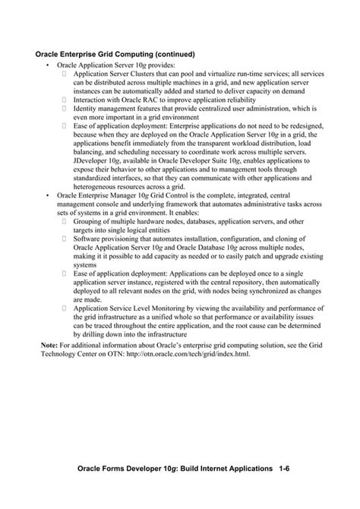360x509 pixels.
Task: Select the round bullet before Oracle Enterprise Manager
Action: tap(48, 195)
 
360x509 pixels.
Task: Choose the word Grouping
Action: tap(90, 221)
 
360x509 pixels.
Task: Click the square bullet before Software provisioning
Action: tap(65, 239)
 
